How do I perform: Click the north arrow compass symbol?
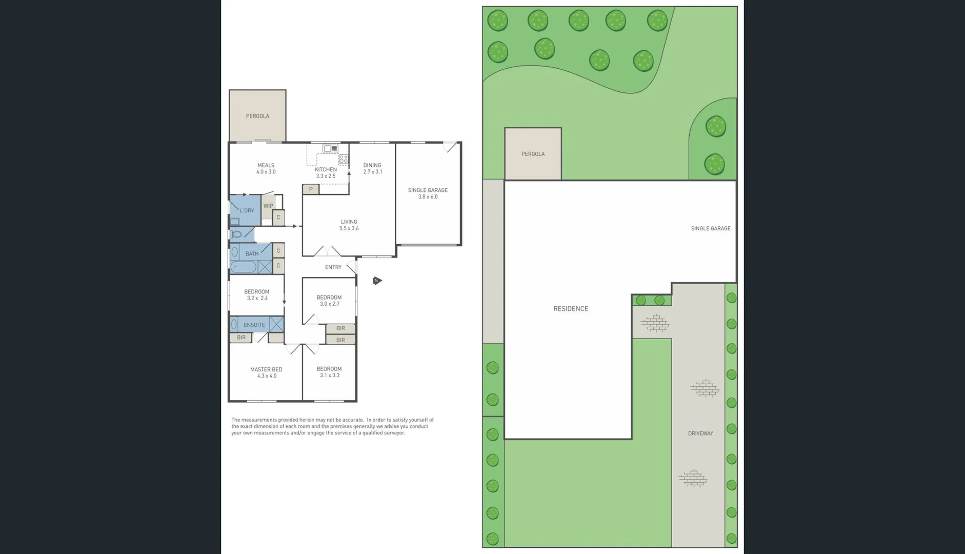click(377, 281)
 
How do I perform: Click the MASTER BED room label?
click(266, 372)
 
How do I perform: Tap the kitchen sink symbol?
click(330, 149)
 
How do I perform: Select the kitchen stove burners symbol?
click(343, 159)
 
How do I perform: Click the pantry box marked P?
click(311, 189)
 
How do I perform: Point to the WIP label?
click(268, 206)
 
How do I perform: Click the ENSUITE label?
click(254, 325)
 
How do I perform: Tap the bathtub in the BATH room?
click(244, 267)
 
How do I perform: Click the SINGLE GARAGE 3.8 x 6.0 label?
click(428, 193)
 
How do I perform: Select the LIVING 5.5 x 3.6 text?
click(349, 225)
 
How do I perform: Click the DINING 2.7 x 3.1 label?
click(372, 169)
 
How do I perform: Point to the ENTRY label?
click(333, 267)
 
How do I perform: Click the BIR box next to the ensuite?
click(241, 338)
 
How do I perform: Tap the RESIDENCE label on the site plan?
click(571, 309)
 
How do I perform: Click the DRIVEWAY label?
click(700, 433)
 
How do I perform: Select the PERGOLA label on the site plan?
click(533, 154)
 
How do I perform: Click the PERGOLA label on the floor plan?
click(257, 116)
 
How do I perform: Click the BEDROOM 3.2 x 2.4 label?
click(257, 295)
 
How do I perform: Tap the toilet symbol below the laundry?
click(237, 234)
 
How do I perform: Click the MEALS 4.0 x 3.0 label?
click(266, 169)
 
